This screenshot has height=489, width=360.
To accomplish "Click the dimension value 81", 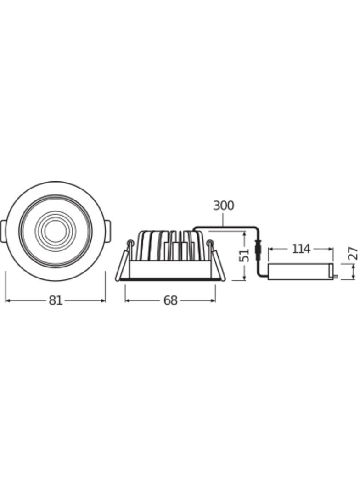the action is (x=56, y=300).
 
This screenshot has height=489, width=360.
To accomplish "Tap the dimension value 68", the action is (x=170, y=300).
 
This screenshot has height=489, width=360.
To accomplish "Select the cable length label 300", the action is (x=224, y=206).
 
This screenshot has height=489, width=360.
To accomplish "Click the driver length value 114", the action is (x=301, y=249).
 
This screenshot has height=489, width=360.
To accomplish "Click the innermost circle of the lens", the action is (x=55, y=231).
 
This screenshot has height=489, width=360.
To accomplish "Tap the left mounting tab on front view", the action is (x=3, y=231).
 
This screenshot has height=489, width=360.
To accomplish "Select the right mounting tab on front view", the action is (x=107, y=231).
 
